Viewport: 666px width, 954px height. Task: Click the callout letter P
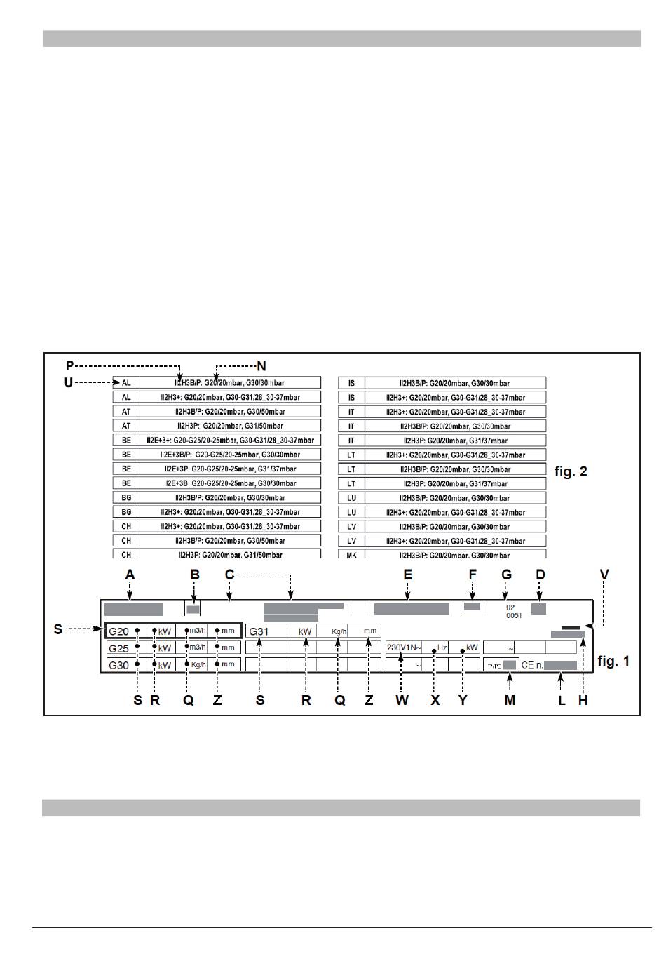(69, 365)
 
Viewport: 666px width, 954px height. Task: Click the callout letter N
(261, 365)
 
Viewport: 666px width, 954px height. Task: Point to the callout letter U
(68, 383)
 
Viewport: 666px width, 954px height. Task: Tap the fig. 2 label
(571, 471)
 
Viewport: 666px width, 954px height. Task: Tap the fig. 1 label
(613, 661)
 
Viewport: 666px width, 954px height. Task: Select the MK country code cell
(351, 555)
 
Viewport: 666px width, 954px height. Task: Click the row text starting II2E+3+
(230, 441)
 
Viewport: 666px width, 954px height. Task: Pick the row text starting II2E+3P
(230, 469)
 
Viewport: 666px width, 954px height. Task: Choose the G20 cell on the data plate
(119, 631)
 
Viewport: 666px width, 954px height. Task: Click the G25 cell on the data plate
(119, 648)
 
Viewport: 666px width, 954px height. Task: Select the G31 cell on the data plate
(259, 631)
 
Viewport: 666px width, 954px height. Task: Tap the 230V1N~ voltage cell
(404, 647)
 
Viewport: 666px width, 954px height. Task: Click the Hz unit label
(442, 647)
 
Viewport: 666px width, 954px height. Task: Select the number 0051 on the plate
(514, 615)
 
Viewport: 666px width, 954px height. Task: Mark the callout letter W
(402, 700)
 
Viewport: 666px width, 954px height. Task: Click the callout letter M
(510, 700)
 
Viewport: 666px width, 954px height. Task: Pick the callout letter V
(604, 575)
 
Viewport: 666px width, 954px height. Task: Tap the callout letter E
(407, 575)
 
